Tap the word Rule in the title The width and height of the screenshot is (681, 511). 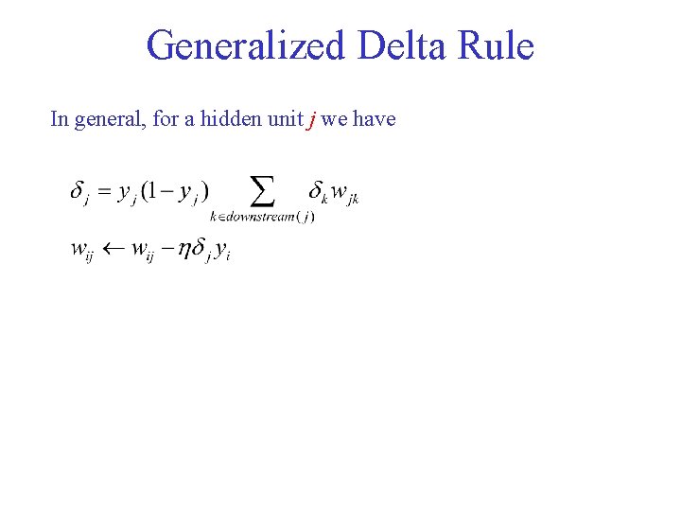pyautogui.click(x=498, y=45)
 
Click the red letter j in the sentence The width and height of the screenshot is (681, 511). pyautogui.click(x=311, y=120)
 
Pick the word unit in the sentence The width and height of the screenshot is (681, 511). pyautogui.click(x=283, y=119)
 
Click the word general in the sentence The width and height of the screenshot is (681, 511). pyautogui.click(x=107, y=119)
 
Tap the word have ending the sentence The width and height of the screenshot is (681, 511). pyautogui.click(x=374, y=119)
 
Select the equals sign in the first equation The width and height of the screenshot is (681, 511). pyautogui.click(x=103, y=191)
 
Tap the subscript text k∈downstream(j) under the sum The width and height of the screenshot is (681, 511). pyautogui.click(x=262, y=217)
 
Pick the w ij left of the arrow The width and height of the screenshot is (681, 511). pyautogui.click(x=82, y=251)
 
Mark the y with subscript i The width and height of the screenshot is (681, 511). pyautogui.click(x=222, y=251)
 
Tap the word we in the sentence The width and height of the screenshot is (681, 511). pyautogui.click(x=333, y=119)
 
